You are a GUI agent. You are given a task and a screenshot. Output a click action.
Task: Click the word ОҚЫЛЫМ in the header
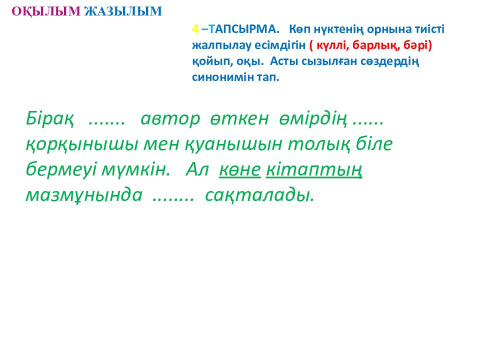(45, 11)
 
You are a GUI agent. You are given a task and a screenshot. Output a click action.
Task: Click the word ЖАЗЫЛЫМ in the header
(123, 11)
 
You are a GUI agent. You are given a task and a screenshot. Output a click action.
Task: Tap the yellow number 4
(195, 29)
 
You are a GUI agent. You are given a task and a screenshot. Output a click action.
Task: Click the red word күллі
(332, 45)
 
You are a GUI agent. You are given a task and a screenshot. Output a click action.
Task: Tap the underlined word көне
(239, 170)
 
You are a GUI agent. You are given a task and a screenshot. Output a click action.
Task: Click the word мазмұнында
(83, 195)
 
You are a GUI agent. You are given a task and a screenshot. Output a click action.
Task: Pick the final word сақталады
(259, 195)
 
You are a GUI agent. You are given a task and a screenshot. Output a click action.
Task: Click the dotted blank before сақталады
(172, 198)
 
